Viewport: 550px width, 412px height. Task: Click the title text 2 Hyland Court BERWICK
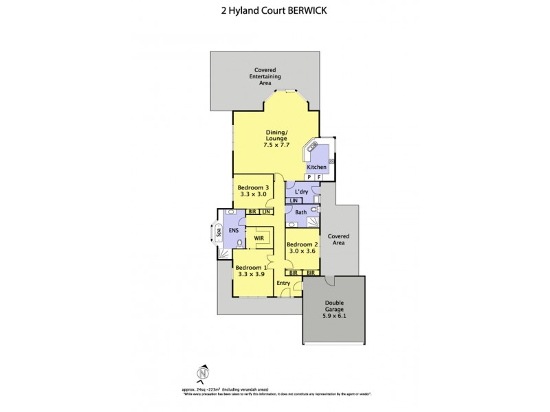click(x=274, y=11)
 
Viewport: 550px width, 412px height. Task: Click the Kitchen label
click(x=316, y=167)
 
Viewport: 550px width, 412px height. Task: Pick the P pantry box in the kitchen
click(x=309, y=177)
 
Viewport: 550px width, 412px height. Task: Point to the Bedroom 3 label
click(x=252, y=191)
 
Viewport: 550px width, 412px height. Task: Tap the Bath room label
click(x=300, y=212)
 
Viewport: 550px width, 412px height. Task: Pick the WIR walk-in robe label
click(x=260, y=238)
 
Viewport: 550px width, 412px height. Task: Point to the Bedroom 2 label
click(x=302, y=248)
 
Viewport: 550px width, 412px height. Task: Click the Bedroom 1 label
click(x=250, y=271)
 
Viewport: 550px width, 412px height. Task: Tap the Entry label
click(x=283, y=283)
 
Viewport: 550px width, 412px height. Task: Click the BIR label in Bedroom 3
click(x=253, y=212)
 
